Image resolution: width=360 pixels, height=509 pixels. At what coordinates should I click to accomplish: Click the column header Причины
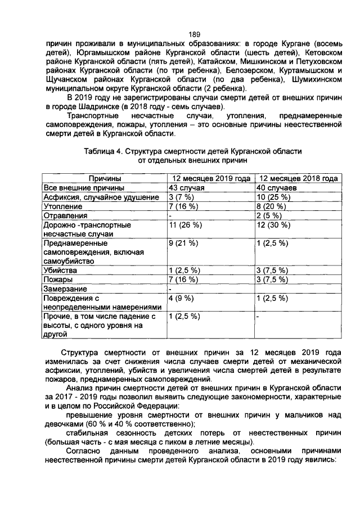click(x=104, y=178)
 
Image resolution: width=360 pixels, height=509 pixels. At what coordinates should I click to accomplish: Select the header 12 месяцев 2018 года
click(x=298, y=178)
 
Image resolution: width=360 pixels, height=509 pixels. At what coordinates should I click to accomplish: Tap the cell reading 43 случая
click(x=186, y=188)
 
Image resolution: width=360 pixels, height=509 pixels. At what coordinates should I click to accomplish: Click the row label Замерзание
click(x=67, y=289)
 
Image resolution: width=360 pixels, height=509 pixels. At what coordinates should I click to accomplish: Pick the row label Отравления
click(x=66, y=215)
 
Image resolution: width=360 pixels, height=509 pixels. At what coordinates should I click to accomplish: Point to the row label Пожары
click(x=58, y=280)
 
